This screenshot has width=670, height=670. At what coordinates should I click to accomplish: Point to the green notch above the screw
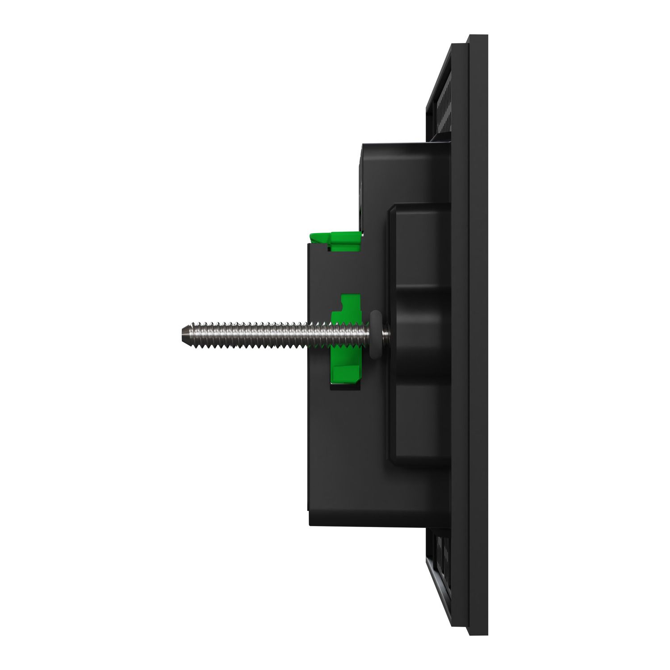coord(347,304)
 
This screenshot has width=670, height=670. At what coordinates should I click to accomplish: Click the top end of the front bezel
coord(478,38)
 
